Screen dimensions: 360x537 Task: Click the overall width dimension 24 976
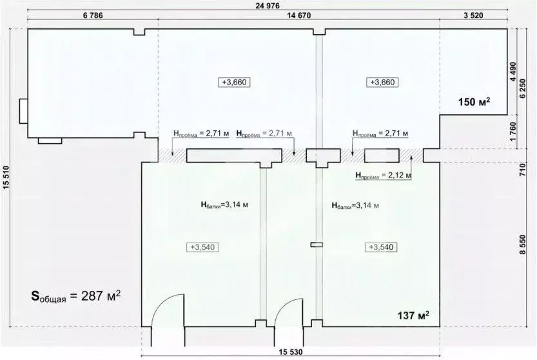269,5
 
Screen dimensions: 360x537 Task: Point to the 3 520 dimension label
481,15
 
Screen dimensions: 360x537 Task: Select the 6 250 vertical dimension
523,86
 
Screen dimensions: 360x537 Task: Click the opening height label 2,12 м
383,174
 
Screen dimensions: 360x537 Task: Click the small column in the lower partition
315,244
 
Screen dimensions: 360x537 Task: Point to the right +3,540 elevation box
380,247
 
